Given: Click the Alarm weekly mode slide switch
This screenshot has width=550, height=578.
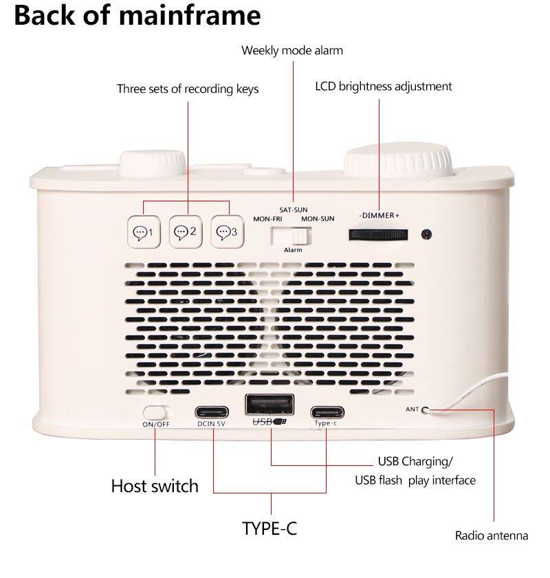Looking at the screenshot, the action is click(x=291, y=236).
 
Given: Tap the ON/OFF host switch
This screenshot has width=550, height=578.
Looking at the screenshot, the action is click(x=155, y=412).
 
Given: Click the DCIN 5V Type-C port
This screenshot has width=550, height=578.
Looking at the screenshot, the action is click(x=212, y=412).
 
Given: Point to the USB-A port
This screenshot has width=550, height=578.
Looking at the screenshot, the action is click(x=269, y=404).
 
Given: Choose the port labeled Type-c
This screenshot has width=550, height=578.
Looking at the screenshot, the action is click(x=327, y=412).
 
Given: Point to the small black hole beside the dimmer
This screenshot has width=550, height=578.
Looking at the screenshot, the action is click(x=426, y=234).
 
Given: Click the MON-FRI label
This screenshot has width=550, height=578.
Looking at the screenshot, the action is click(x=267, y=219).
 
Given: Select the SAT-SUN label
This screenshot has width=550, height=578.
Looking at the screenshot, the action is click(x=293, y=210).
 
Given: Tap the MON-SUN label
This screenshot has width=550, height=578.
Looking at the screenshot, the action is click(x=318, y=219).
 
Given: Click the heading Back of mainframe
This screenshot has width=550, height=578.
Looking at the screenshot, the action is click(x=137, y=15).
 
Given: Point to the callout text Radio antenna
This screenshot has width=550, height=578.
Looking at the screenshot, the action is click(x=492, y=535).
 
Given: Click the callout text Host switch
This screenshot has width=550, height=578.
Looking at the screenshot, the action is click(x=155, y=486).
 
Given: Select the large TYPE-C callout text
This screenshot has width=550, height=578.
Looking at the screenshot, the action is click(x=269, y=529).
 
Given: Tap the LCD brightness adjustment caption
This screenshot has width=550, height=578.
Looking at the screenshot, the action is click(x=384, y=87).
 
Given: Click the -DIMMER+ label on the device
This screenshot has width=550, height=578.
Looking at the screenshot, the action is click(x=379, y=216).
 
